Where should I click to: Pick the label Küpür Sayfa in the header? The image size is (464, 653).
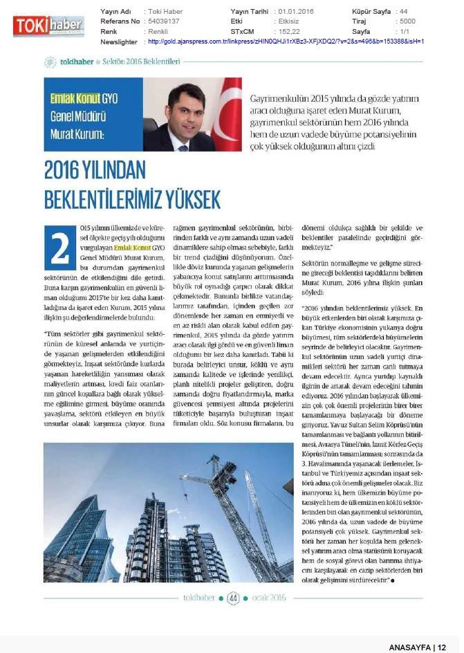point(370,12)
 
